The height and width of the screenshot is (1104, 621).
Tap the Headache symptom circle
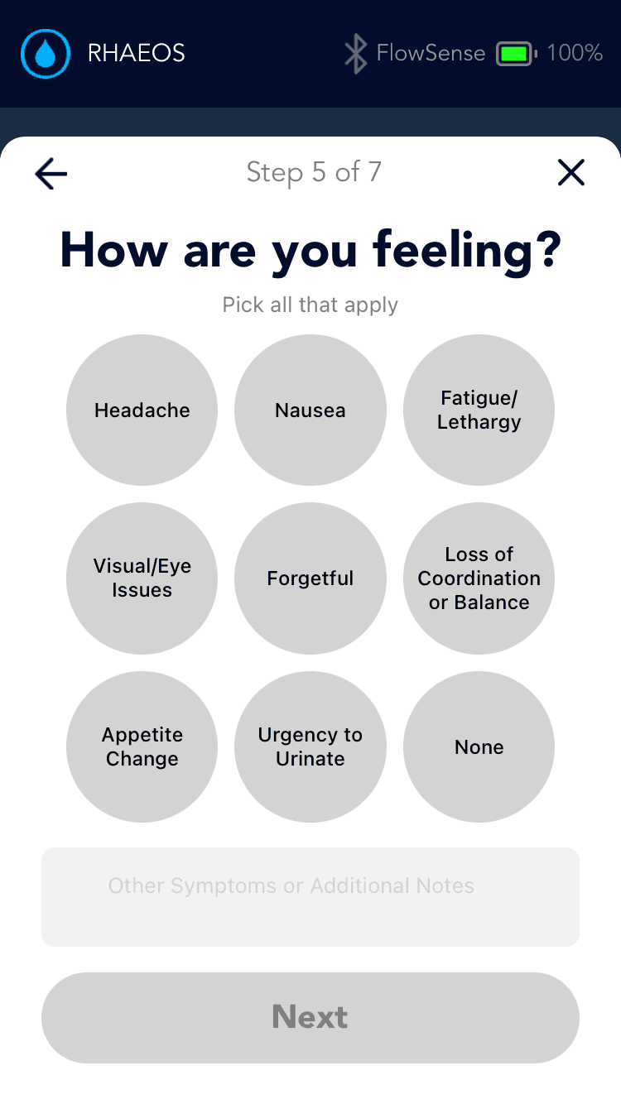click(142, 410)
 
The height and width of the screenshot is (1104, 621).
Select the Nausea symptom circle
click(310, 410)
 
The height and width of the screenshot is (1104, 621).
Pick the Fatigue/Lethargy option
click(479, 410)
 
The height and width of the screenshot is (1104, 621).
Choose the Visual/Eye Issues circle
click(142, 578)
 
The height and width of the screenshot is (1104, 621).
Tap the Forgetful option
click(310, 578)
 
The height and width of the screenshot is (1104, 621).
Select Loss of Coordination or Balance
click(479, 578)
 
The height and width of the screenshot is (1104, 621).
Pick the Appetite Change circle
click(142, 746)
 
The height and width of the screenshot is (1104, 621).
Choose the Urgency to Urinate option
click(310, 746)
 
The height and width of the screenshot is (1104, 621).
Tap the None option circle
click(479, 746)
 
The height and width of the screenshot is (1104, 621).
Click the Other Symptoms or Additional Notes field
click(310, 896)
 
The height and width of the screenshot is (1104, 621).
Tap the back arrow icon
click(51, 173)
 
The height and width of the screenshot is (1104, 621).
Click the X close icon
click(571, 172)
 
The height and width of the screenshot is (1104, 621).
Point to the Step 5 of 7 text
click(314, 172)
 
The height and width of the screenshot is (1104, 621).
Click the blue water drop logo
click(46, 54)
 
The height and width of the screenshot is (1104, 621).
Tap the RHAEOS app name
click(137, 54)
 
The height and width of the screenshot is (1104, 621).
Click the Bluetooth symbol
click(355, 54)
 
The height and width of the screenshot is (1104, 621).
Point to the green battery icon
click(515, 54)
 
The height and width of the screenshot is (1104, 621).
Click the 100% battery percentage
click(575, 54)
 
